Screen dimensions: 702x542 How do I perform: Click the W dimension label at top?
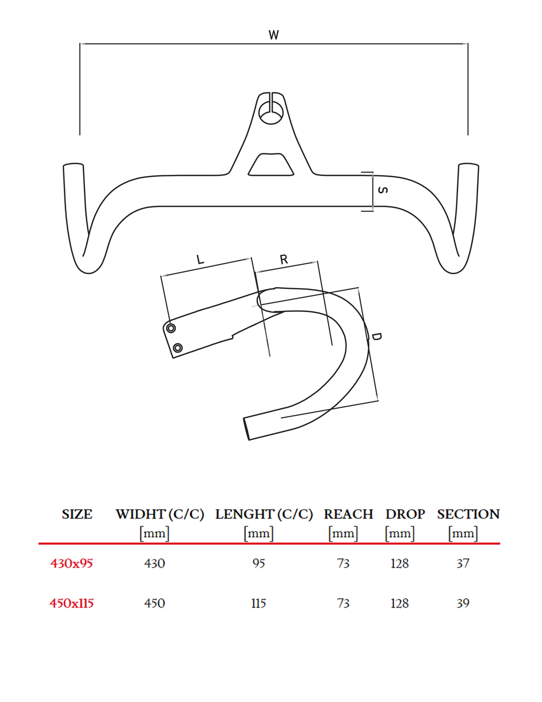[274, 35]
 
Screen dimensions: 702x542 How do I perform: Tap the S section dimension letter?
[382, 190]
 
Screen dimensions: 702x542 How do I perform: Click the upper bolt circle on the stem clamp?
[171, 328]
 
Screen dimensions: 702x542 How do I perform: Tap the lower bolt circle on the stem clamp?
[177, 348]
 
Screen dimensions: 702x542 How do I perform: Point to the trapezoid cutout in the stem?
[271, 165]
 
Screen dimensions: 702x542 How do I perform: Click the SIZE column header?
[77, 514]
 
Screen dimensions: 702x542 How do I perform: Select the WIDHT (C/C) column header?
[160, 514]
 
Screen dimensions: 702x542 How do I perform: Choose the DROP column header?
[405, 514]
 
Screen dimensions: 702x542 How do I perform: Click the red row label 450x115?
[72, 603]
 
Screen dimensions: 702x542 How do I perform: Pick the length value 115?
[258, 603]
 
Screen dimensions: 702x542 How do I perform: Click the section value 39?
[463, 603]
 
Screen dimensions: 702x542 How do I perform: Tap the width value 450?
[155, 603]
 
